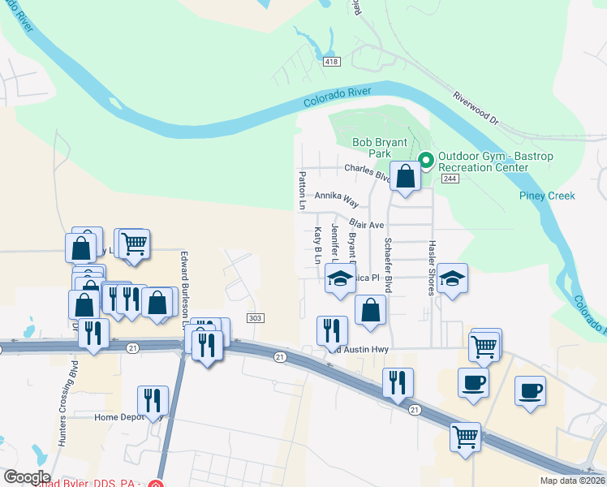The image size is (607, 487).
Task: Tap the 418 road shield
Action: point(331,62)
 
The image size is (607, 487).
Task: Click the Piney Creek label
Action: point(547,196)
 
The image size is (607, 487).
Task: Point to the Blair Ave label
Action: point(366,223)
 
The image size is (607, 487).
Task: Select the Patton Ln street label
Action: point(301,191)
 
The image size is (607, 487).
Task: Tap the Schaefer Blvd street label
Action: point(389,265)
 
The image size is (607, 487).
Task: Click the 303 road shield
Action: point(255,318)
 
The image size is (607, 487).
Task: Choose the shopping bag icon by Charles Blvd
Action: point(405,175)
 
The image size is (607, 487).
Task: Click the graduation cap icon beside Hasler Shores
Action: point(451,278)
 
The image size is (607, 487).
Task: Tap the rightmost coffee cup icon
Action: point(530,390)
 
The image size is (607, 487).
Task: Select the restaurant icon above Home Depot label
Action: point(153,399)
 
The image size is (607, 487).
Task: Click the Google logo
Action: point(27,477)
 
